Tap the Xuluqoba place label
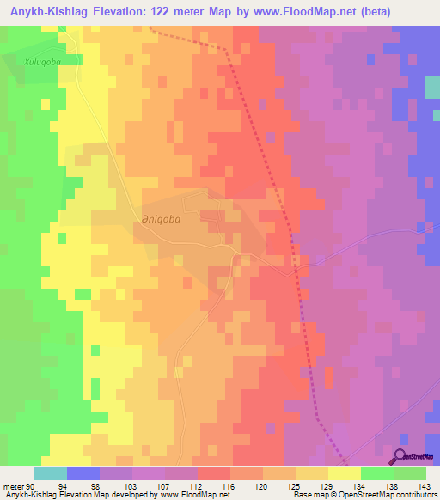click(44, 63)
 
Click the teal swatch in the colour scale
click(51, 473)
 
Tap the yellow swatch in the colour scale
click(345, 473)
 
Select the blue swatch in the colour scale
click(83, 473)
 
